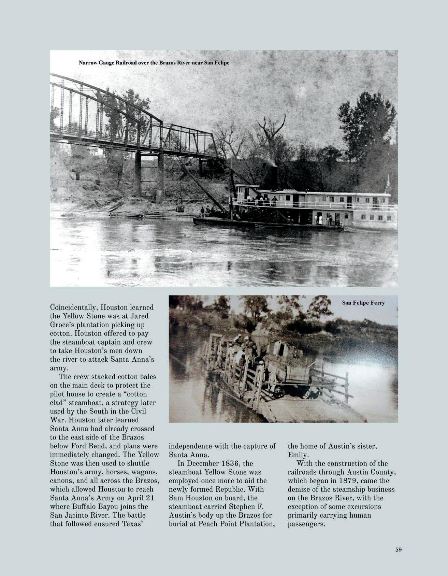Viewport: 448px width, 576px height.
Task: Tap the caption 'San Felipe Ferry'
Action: pos(363,303)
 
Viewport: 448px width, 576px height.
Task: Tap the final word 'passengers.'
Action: pos(306,524)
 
